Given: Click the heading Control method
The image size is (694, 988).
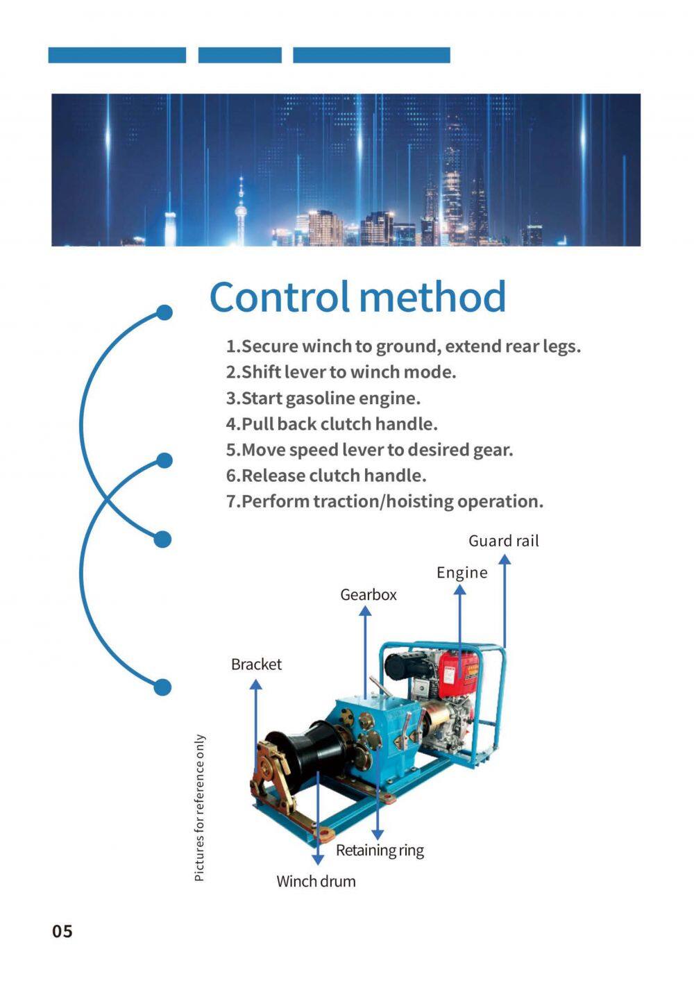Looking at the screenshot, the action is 357,297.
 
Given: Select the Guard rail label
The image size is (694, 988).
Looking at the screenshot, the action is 504,541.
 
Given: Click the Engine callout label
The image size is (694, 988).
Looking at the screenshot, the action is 462,573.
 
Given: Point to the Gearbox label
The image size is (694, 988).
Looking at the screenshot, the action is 368,595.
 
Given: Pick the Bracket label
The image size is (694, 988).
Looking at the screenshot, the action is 256,664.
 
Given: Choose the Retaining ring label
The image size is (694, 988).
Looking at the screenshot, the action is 380,850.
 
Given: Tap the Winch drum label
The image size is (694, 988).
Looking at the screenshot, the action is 316,881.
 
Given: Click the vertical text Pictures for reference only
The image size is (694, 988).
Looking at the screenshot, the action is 199,808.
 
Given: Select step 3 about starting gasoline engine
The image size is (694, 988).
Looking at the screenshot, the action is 323,399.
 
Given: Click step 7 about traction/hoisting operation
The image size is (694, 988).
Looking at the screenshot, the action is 384,501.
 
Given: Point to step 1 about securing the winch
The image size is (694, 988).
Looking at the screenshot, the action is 403,346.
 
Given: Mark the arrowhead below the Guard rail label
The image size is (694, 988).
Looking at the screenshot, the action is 505,560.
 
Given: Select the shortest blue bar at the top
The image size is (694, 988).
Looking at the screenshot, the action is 240,55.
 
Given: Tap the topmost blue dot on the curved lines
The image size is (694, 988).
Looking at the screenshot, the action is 164,312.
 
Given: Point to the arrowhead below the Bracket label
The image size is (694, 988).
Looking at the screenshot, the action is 255,684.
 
